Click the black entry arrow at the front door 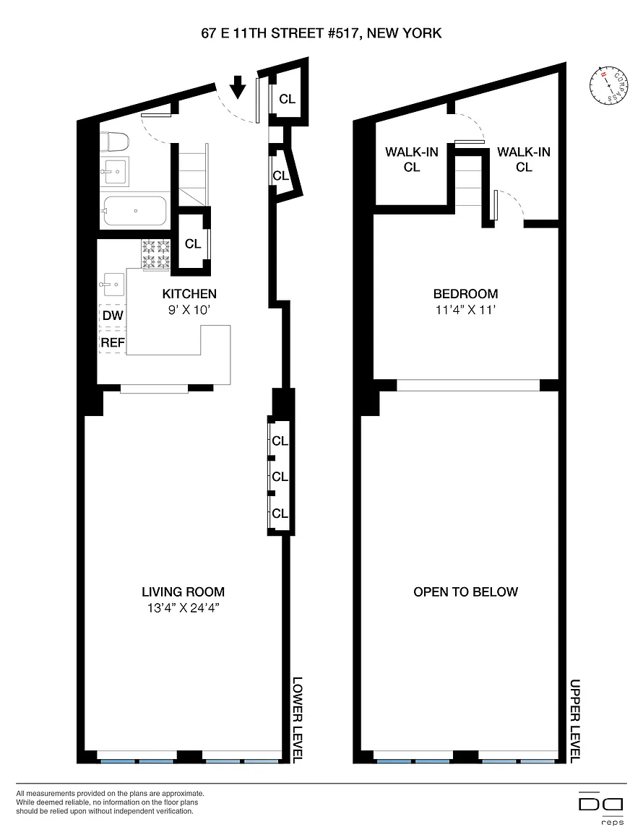[238, 87]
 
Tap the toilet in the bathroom [115, 142]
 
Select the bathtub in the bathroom [134, 211]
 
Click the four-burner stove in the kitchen [155, 255]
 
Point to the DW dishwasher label [113, 316]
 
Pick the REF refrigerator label [113, 343]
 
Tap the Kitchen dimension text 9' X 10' [189, 311]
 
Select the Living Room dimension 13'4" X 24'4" [184, 608]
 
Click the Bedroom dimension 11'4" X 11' [466, 310]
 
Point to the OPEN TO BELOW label [466, 591]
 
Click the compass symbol [608, 85]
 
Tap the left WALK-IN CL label [412, 159]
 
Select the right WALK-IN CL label [524, 159]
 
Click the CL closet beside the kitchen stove [193, 243]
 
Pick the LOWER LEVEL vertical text [298, 719]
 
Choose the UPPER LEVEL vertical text [575, 720]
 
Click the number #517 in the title [337, 33]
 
